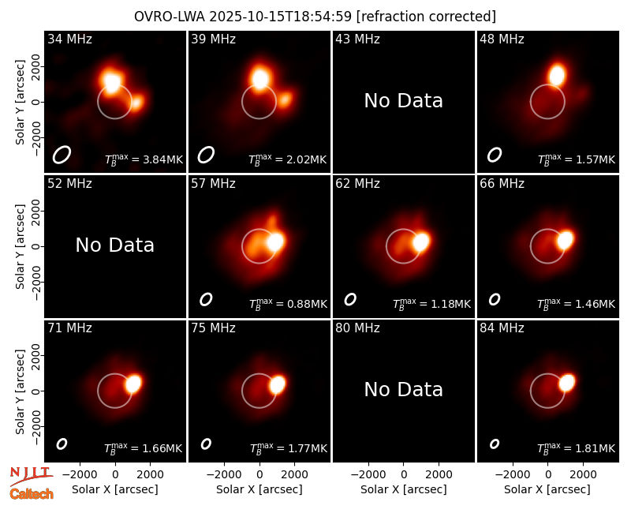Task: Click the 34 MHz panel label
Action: click(x=69, y=39)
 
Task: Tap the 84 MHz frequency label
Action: click(x=502, y=328)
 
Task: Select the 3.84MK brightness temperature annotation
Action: click(x=144, y=159)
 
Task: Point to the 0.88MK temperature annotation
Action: click(x=288, y=304)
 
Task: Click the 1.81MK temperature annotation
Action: click(x=577, y=447)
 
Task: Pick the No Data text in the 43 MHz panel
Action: click(x=404, y=101)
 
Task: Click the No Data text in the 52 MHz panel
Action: click(x=115, y=245)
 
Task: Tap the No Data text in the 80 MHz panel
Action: click(x=404, y=389)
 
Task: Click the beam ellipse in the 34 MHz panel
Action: click(x=62, y=155)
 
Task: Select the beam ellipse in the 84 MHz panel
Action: click(x=495, y=444)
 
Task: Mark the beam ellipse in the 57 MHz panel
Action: click(x=206, y=299)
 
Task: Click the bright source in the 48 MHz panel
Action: click(x=558, y=75)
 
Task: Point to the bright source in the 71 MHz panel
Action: click(x=133, y=384)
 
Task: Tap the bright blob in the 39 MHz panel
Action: click(x=260, y=78)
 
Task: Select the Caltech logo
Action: click(x=32, y=494)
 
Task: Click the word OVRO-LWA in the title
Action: click(x=170, y=17)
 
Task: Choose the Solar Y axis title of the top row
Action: click(x=20, y=103)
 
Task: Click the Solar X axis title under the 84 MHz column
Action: click(x=547, y=489)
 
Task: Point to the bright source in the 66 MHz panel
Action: click(x=565, y=240)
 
